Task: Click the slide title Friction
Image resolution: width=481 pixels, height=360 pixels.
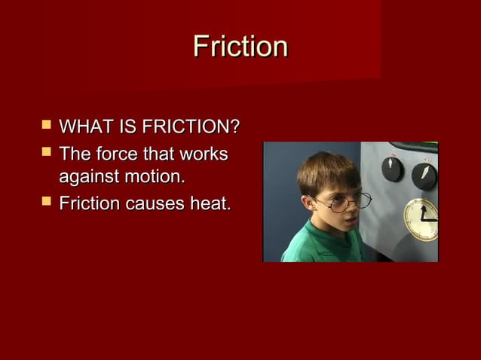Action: [x=240, y=47]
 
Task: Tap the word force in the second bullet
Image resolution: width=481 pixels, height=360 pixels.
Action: [x=118, y=154]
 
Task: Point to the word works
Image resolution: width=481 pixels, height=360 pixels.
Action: [x=202, y=154]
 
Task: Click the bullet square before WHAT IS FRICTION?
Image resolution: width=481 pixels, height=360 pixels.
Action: [x=46, y=125]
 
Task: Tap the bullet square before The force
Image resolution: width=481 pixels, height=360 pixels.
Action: [x=46, y=154]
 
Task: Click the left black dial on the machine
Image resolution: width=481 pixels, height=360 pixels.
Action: [x=392, y=169]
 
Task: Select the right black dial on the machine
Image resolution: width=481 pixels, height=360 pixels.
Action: [x=424, y=175]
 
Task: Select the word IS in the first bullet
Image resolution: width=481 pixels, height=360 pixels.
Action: [x=122, y=126]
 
